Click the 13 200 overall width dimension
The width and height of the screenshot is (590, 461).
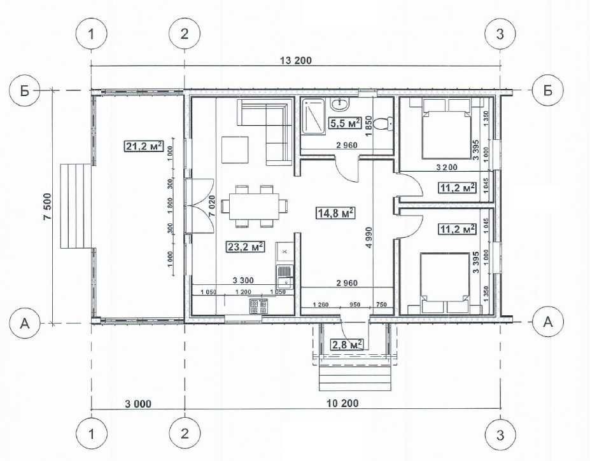pos(296,60)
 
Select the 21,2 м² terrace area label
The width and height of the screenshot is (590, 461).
pos(144,146)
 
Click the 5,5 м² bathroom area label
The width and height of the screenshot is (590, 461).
pos(345,123)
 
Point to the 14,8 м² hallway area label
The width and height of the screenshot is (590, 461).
pos(335,213)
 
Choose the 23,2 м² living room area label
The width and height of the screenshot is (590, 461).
pos(245,247)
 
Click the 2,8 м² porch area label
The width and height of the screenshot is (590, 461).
pos(348,344)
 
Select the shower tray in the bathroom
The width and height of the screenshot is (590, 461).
pos(313,116)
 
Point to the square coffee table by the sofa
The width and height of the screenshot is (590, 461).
pos(235,149)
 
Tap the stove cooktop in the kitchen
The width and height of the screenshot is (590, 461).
pos(259,306)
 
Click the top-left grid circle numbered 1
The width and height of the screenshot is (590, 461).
pos(92,34)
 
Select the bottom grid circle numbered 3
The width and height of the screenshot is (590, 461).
pos(500,435)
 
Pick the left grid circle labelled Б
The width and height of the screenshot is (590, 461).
pos(25,90)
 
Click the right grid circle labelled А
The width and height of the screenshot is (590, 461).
pos(548,322)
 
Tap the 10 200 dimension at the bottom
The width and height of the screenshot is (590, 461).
pos(343,404)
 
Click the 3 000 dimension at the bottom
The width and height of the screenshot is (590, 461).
pos(138,404)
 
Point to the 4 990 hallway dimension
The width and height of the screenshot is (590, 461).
pos(368,237)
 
